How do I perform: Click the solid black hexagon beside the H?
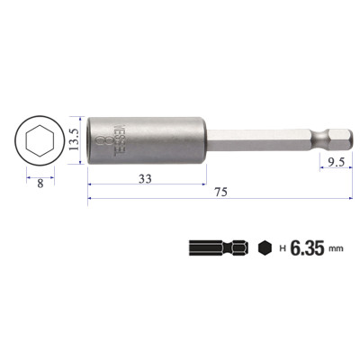[264, 247]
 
